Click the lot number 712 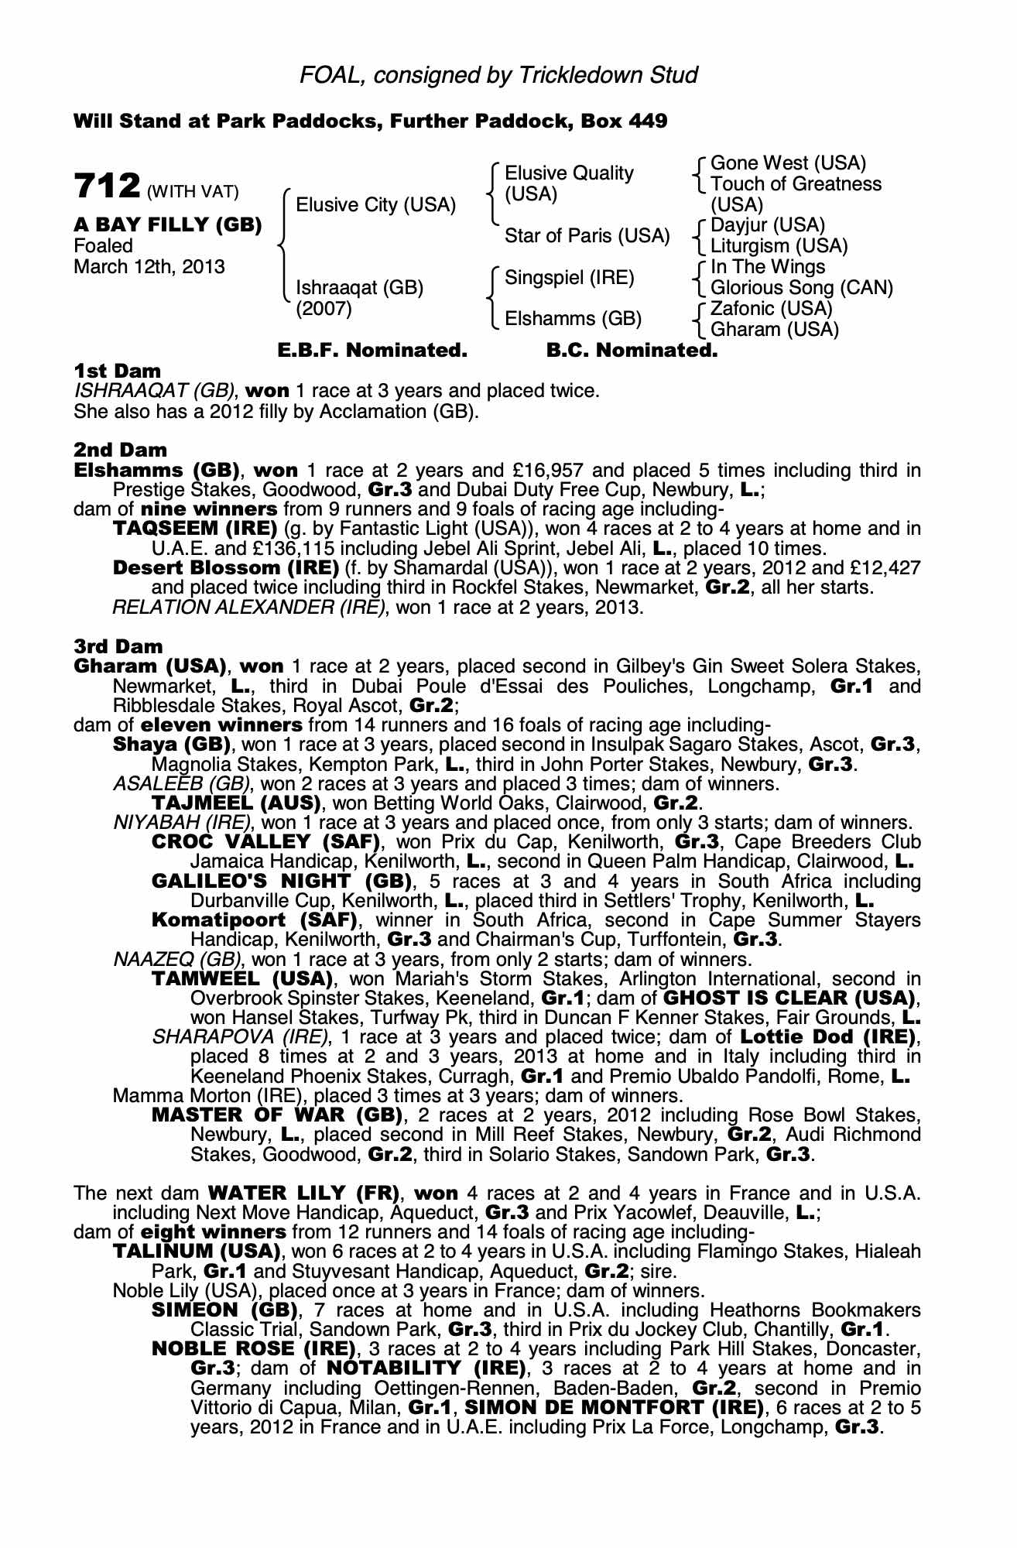click(107, 187)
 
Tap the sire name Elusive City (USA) click(376, 205)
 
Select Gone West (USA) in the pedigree click(788, 163)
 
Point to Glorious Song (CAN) click(801, 288)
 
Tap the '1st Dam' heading click(118, 371)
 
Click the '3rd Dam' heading click(118, 646)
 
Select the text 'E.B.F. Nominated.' click(372, 351)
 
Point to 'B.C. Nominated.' click(632, 351)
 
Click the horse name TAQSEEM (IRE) click(195, 529)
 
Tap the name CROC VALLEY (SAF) click(268, 842)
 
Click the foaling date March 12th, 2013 click(149, 267)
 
